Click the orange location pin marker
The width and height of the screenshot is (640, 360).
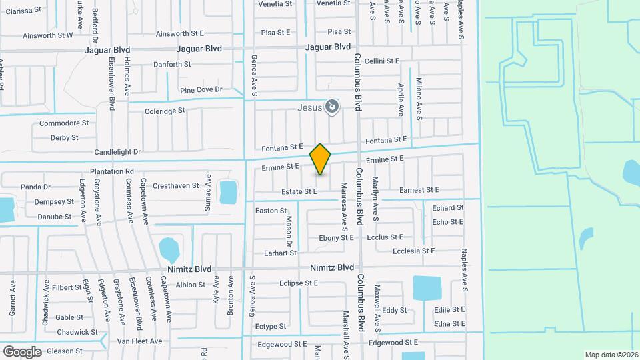click(x=320, y=159)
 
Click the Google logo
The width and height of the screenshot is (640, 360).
click(x=22, y=351)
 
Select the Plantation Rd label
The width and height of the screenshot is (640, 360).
click(x=112, y=171)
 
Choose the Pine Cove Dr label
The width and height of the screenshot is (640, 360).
click(x=201, y=89)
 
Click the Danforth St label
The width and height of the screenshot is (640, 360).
click(x=172, y=65)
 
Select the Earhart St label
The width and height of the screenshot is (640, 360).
click(x=279, y=253)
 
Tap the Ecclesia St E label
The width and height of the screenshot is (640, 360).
click(x=413, y=251)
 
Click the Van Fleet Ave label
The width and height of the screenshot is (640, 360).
click(x=139, y=341)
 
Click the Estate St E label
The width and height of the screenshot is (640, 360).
click(x=299, y=191)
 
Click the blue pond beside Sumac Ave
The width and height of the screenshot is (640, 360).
click(x=228, y=191)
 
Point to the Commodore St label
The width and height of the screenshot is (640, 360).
click(x=64, y=123)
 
